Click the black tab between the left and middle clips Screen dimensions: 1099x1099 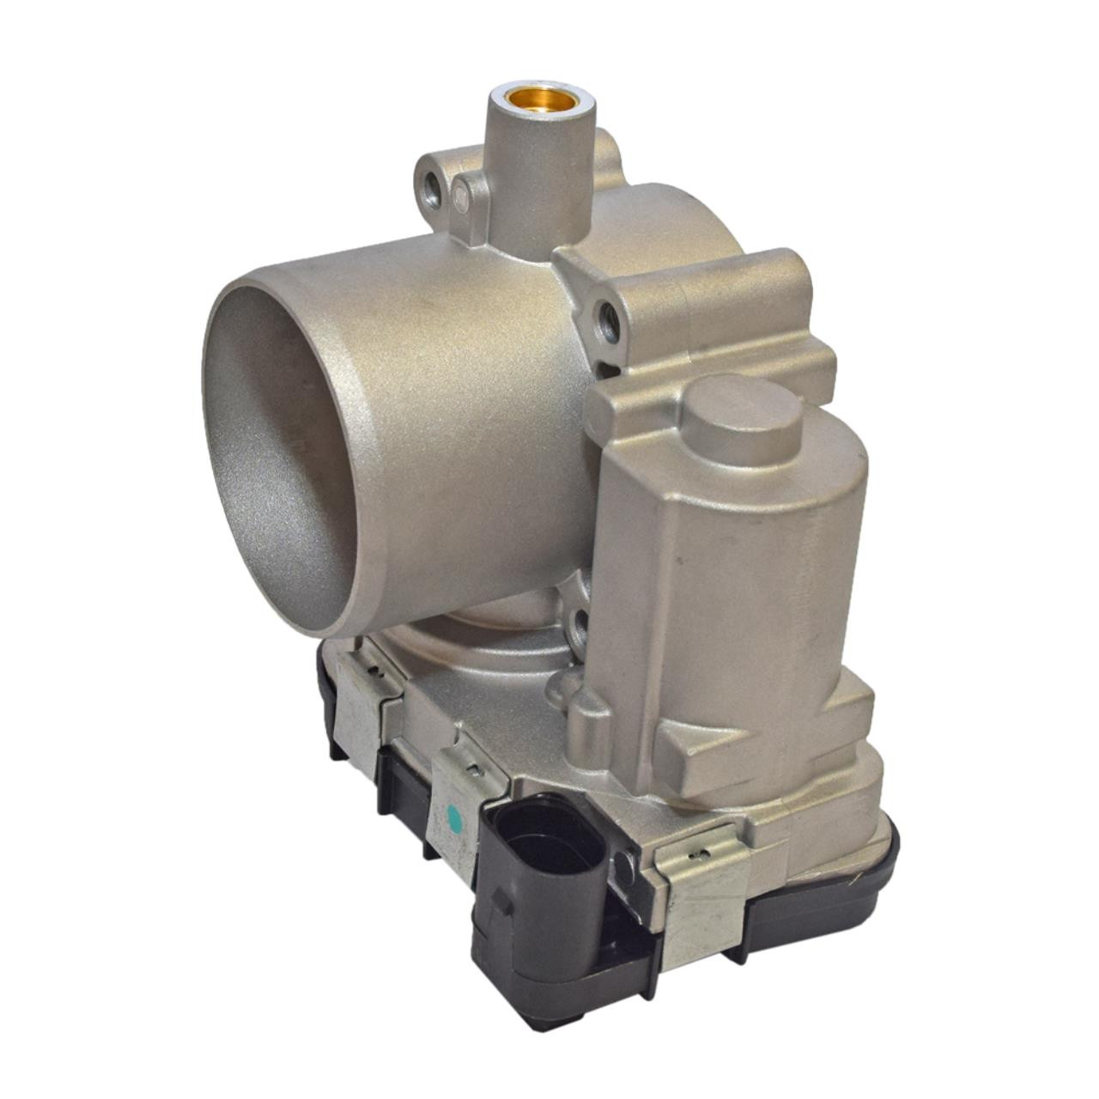tap(401, 777)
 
